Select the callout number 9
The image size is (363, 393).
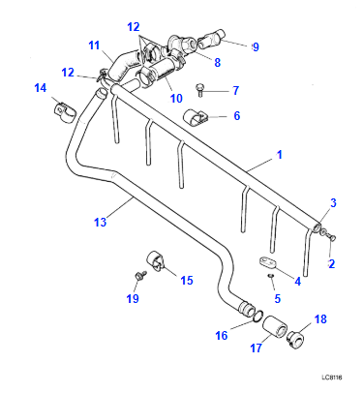[256, 45]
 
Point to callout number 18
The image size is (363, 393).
[322, 318]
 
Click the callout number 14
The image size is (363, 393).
[40, 89]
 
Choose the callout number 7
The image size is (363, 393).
[233, 91]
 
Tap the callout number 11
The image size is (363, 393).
[94, 45]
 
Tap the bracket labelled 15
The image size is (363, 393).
[157, 262]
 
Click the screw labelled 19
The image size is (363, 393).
[141, 278]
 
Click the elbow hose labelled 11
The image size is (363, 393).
[121, 69]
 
